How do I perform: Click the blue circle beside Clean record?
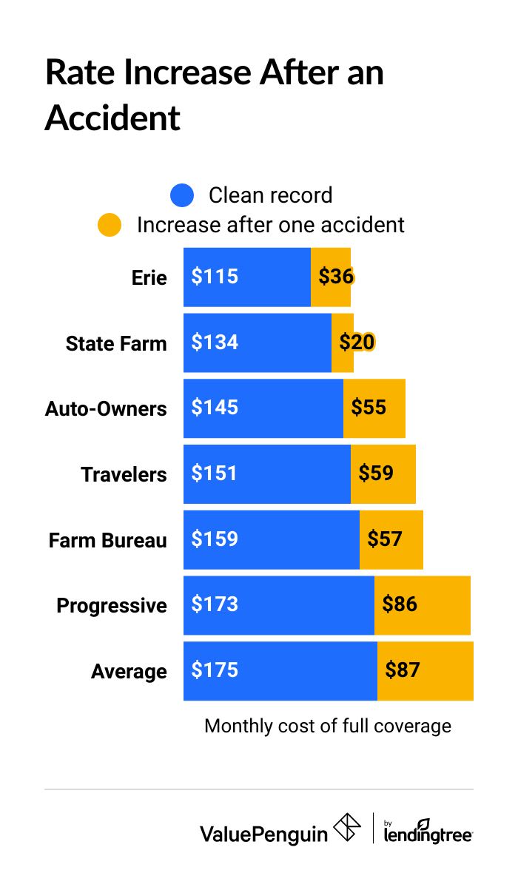182,195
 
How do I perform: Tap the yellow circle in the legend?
110,225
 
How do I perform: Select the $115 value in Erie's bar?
215,277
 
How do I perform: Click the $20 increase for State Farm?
357,343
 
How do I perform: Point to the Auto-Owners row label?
106,409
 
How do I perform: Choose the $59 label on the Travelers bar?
376,473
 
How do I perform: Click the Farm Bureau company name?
108,540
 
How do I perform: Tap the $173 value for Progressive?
215,604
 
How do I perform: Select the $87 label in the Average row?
403,670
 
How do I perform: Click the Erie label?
149,278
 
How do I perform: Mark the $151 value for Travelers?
215,473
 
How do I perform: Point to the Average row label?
129,672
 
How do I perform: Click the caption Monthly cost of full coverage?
328,726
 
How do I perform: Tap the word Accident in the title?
112,118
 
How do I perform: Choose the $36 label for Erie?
336,277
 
